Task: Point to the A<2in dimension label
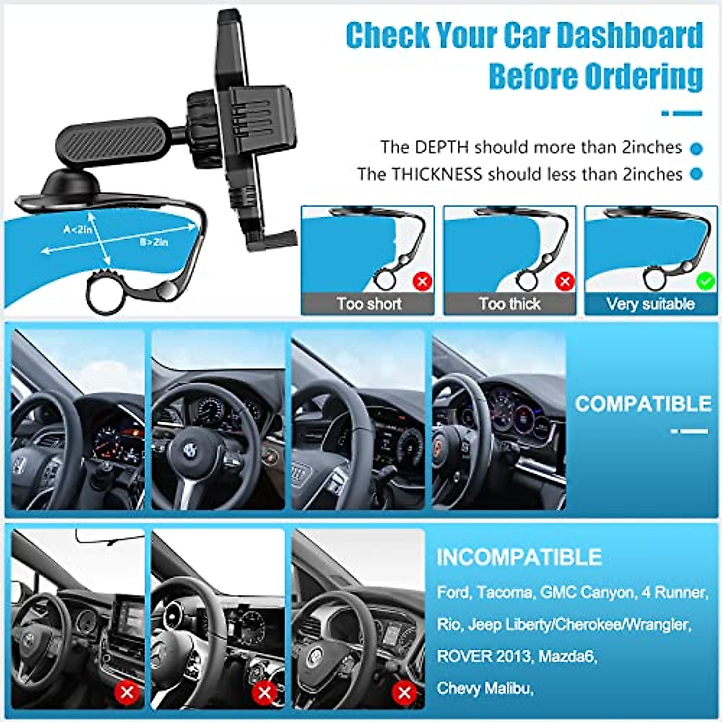click(x=78, y=229)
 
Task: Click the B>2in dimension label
click(x=154, y=242)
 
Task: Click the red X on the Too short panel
click(x=423, y=281)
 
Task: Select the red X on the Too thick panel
click(x=564, y=281)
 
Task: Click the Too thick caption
click(x=510, y=304)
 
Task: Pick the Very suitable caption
click(x=650, y=304)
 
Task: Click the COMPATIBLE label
click(x=643, y=404)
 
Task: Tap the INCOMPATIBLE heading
click(x=519, y=557)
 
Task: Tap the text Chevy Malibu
click(x=485, y=688)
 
